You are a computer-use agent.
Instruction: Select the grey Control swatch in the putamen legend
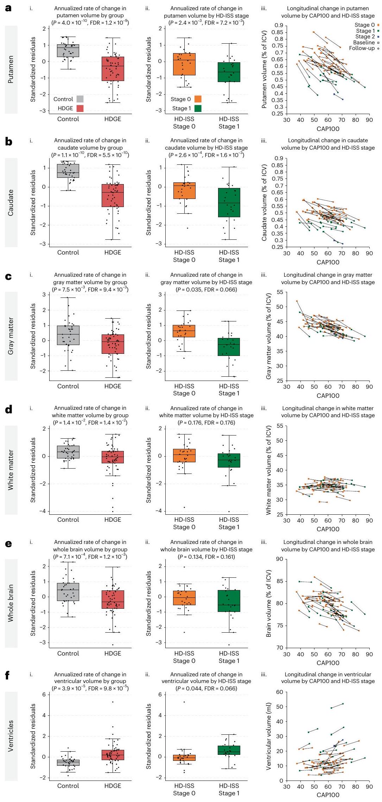[x=80, y=99]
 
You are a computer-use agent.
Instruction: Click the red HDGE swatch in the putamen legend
[x=80, y=108]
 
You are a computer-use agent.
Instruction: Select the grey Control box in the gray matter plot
[x=68, y=335]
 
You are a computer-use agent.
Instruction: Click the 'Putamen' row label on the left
[x=11, y=69]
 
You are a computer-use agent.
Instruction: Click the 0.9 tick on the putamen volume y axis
[x=279, y=25]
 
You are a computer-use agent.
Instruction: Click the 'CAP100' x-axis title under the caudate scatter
[x=328, y=262]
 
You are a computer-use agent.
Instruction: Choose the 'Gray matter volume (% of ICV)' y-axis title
[x=269, y=336]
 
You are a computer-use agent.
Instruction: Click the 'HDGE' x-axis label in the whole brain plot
[x=113, y=653]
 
